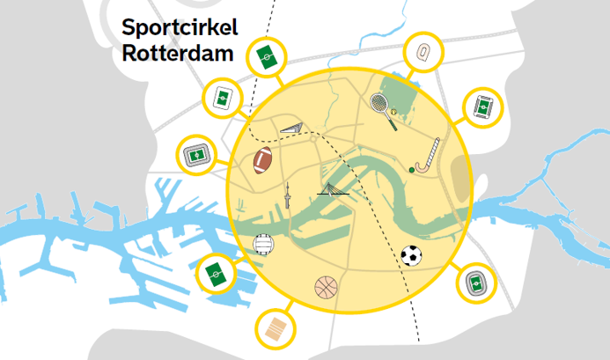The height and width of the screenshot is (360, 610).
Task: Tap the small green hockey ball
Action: [x=411, y=168]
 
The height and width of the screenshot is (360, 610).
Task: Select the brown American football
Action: [x=263, y=160]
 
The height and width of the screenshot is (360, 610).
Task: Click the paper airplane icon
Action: [x=291, y=130]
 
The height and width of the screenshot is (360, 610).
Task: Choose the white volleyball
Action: [x=263, y=244]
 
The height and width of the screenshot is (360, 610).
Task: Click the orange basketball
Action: [x=327, y=288]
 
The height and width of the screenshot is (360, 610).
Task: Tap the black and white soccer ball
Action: [x=411, y=255]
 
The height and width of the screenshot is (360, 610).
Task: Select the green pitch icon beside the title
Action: [x=265, y=57]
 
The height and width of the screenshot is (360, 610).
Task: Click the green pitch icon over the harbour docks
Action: [x=215, y=273]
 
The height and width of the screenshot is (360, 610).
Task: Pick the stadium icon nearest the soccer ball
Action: [x=476, y=283]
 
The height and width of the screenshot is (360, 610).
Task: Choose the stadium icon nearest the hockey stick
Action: [x=483, y=107]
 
